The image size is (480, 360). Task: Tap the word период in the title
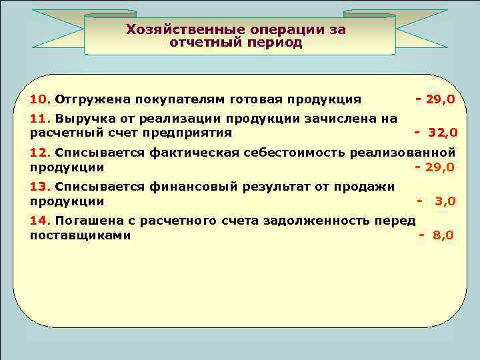tap(272, 43)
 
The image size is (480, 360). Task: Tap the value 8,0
tap(443, 235)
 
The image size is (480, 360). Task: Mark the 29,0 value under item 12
tap(440, 167)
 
